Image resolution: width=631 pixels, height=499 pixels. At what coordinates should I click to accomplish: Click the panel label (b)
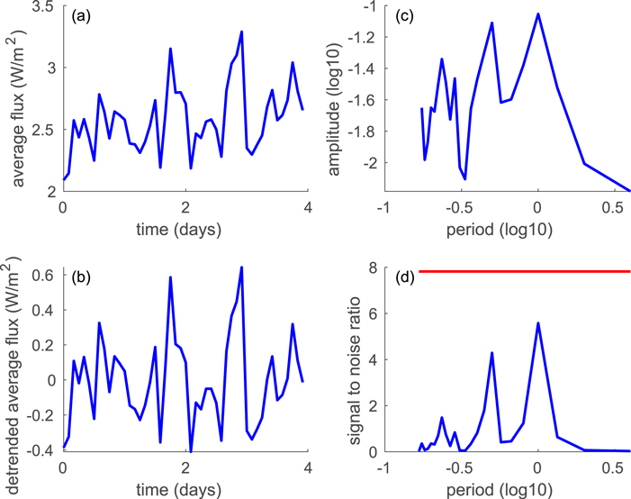[80, 273]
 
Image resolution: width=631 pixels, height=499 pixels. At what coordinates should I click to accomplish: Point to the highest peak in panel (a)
[241, 32]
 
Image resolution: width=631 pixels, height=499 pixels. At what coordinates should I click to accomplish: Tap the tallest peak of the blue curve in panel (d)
[537, 322]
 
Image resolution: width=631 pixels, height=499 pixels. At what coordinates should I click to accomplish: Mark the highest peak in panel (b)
[241, 267]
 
